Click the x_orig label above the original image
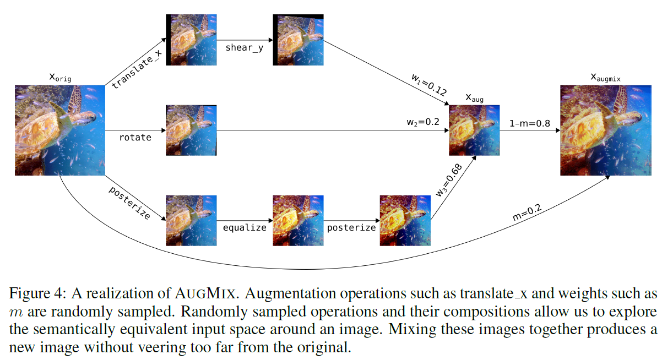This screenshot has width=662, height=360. [60, 78]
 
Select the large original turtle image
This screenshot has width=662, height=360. [60, 130]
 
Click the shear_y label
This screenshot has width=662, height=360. [244, 47]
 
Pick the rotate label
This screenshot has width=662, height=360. [135, 137]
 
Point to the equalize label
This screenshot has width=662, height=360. [244, 227]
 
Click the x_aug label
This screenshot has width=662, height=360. [475, 99]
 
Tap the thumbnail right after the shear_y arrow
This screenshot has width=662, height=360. [298, 40]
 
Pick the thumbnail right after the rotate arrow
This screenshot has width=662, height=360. [191, 130]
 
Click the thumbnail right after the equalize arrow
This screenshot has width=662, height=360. [298, 220]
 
